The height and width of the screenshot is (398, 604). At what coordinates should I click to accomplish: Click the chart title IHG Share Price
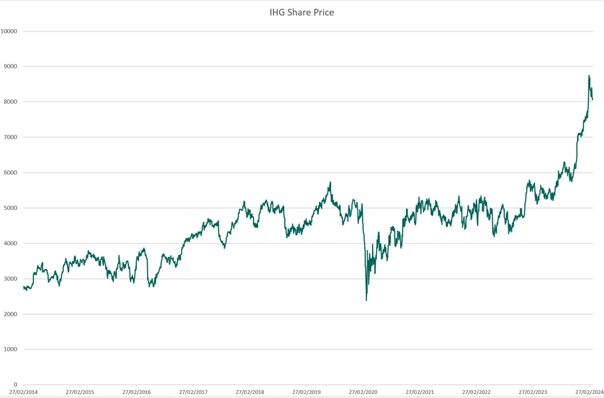(301, 12)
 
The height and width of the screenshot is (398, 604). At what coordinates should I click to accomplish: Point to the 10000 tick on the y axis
(9, 31)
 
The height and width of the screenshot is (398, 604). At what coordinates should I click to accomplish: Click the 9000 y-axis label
(11, 67)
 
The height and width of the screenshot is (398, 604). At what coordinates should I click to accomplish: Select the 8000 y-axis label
(11, 102)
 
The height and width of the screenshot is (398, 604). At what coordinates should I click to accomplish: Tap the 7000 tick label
(11, 137)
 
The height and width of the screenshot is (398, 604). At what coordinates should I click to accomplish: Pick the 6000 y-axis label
(11, 173)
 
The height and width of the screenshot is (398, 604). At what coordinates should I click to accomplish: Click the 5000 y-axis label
(11, 208)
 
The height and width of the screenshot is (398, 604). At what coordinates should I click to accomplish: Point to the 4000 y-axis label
(11, 243)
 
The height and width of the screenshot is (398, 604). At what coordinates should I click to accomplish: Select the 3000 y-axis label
(11, 279)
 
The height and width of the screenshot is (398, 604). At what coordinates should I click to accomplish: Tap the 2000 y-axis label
(11, 314)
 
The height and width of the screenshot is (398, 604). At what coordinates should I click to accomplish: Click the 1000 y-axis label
(11, 349)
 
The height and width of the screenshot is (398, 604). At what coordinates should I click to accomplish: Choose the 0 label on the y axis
(15, 385)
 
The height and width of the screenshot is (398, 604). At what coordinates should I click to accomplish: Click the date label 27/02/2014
(23, 392)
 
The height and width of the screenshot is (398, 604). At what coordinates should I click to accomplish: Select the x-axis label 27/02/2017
(193, 392)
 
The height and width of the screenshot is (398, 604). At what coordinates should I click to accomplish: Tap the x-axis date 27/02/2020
(363, 392)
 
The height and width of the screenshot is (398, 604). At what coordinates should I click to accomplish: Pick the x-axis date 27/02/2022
(476, 392)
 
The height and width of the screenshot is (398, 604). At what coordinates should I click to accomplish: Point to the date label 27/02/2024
(589, 392)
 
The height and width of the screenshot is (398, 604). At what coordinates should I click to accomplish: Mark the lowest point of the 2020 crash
(367, 300)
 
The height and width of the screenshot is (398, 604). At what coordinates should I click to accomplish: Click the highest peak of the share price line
(589, 76)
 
